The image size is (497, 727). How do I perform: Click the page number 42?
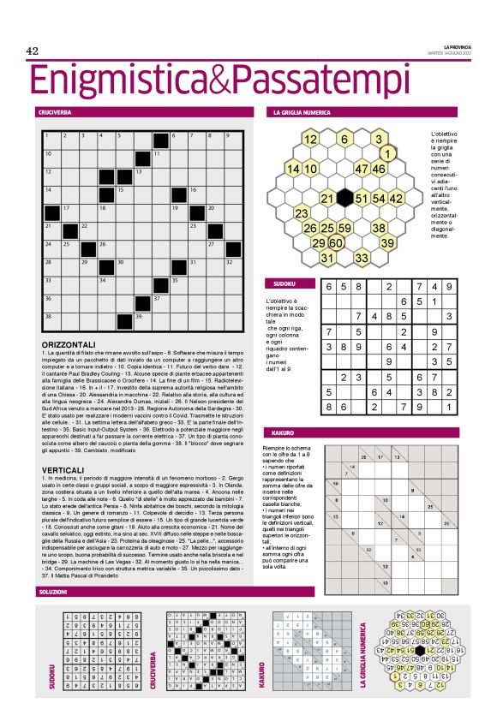(x=33, y=51)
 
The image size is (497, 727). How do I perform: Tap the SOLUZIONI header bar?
(x=53, y=592)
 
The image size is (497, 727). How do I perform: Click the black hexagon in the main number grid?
(x=346, y=199)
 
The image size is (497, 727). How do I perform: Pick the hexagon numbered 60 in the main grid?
(x=338, y=243)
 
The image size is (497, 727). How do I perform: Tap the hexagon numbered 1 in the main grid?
(x=386, y=154)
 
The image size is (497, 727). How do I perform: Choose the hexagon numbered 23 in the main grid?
(x=302, y=213)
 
